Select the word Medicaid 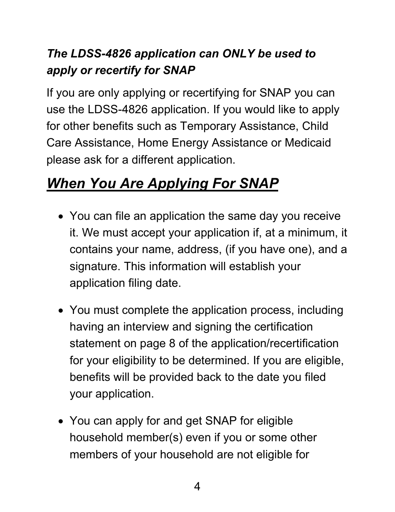pos(308,143)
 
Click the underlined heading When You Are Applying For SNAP pos(163,184)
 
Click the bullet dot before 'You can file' pos(61,217)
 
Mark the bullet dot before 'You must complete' pos(61,311)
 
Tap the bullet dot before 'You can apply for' pos(61,422)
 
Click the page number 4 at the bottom pos(197,486)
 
